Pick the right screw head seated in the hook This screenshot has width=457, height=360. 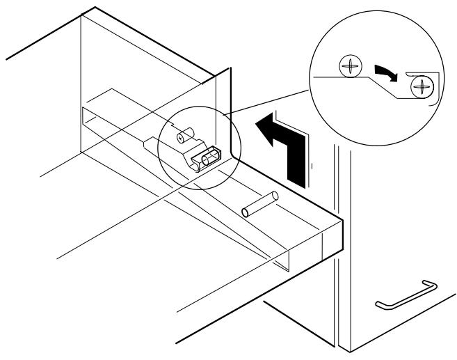(422, 87)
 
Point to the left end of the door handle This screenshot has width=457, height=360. (380, 304)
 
